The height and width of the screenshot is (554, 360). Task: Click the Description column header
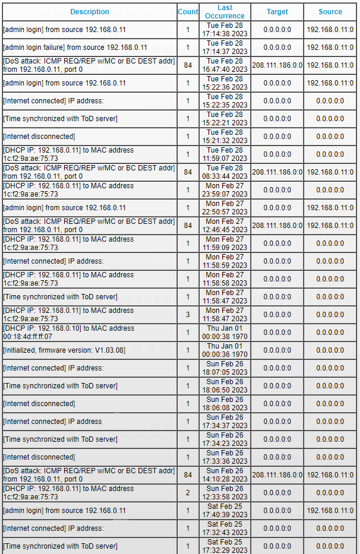point(89,12)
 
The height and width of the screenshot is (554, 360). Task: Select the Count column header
point(188,12)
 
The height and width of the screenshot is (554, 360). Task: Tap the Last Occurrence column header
point(225,12)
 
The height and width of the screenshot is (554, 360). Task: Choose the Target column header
point(277,12)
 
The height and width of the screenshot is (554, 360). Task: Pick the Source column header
point(330,12)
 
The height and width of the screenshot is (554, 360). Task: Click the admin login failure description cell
point(75,48)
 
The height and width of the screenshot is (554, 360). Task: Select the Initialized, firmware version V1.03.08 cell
point(64,350)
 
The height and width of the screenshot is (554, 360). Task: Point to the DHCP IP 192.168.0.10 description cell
point(69,333)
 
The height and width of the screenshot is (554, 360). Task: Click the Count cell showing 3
point(188,315)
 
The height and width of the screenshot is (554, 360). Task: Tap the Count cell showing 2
point(188,493)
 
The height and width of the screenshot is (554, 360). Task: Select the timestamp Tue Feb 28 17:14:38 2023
point(225,30)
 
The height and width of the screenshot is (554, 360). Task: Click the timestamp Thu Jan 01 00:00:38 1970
point(225,333)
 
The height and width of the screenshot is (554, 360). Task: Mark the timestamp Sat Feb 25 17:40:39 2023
point(225,511)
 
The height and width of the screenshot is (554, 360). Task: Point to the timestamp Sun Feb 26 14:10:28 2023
point(225,475)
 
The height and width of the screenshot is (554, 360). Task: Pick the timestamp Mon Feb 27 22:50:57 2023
point(225,208)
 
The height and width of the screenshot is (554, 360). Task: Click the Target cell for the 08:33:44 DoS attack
point(277,172)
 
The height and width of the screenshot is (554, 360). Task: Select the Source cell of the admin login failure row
point(330,48)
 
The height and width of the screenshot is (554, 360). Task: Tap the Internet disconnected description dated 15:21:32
point(39,137)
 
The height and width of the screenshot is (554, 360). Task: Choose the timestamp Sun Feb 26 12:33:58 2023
point(225,493)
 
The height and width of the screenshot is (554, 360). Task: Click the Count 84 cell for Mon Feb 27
point(188,226)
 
